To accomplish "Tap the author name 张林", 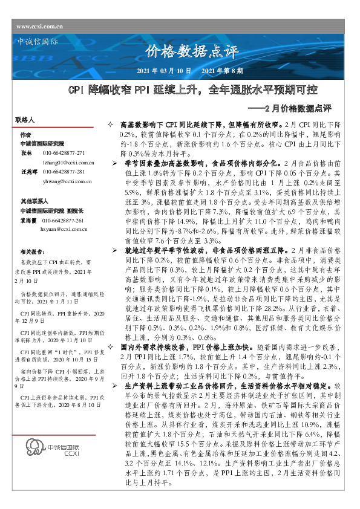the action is click(x=25, y=154).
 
